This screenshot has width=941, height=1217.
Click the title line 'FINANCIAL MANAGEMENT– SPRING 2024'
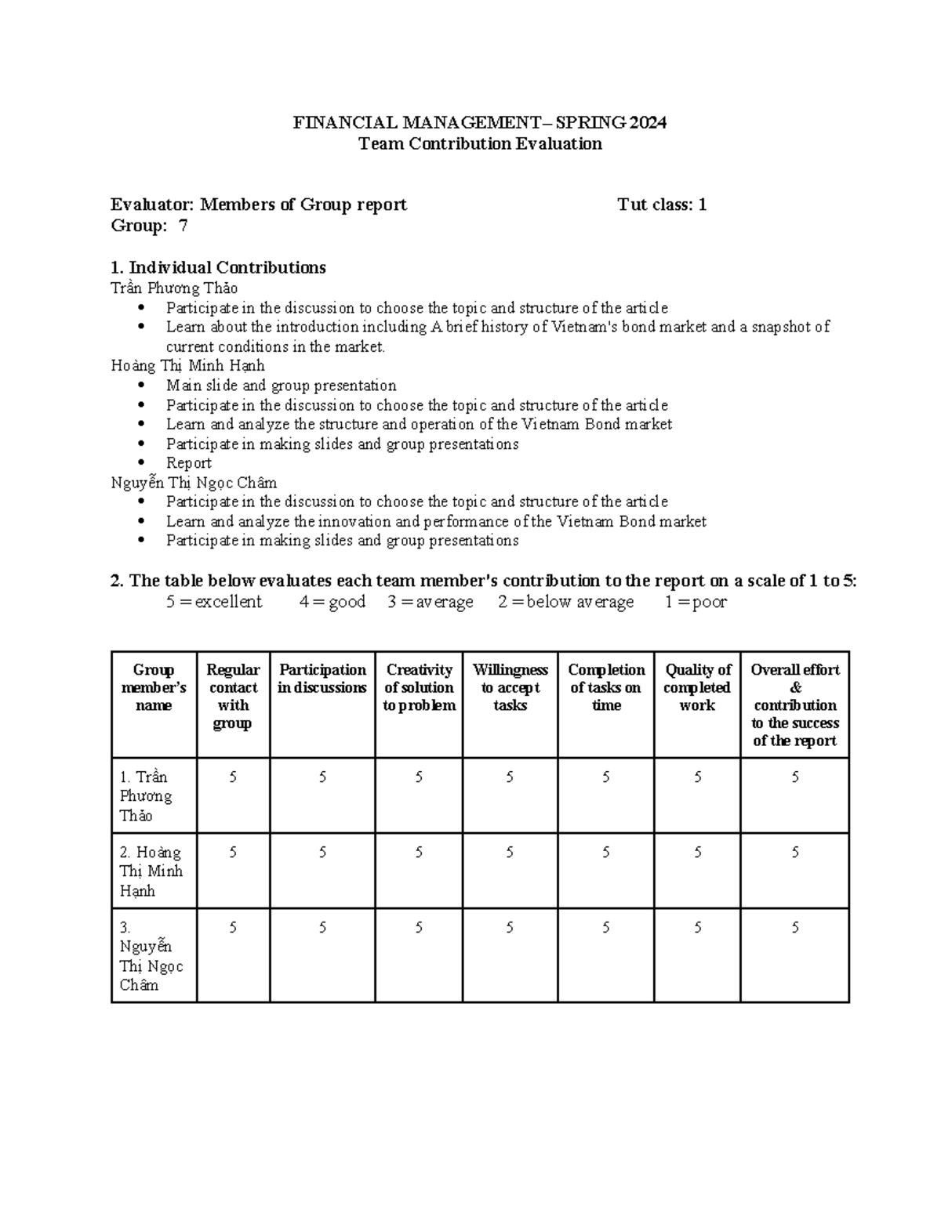(x=479, y=122)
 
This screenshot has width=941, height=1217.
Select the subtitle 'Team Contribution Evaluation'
(x=479, y=143)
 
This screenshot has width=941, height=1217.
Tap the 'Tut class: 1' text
(x=662, y=205)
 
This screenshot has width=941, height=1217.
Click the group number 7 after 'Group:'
(x=183, y=226)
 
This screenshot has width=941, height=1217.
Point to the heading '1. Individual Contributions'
(x=218, y=268)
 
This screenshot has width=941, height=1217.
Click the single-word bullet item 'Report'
(x=188, y=463)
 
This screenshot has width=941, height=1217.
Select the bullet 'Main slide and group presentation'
(x=281, y=386)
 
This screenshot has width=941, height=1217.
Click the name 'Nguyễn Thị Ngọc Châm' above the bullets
(x=194, y=483)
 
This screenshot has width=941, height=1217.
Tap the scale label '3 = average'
(x=430, y=602)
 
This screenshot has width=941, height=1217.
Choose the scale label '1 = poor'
(x=696, y=602)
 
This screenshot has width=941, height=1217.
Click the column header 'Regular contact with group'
(x=233, y=696)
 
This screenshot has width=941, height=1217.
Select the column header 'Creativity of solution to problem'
(x=419, y=687)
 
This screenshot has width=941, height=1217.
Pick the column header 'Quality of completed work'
(x=697, y=687)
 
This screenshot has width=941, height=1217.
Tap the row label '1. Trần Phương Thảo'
(x=146, y=795)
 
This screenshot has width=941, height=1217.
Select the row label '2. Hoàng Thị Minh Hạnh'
(x=151, y=871)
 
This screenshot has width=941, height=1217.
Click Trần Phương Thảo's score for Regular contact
(x=233, y=777)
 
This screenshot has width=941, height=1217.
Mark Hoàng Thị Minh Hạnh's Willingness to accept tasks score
(x=510, y=853)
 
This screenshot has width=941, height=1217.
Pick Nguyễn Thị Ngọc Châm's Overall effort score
(x=795, y=928)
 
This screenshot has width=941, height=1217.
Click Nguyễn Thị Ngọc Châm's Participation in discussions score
(x=322, y=928)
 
